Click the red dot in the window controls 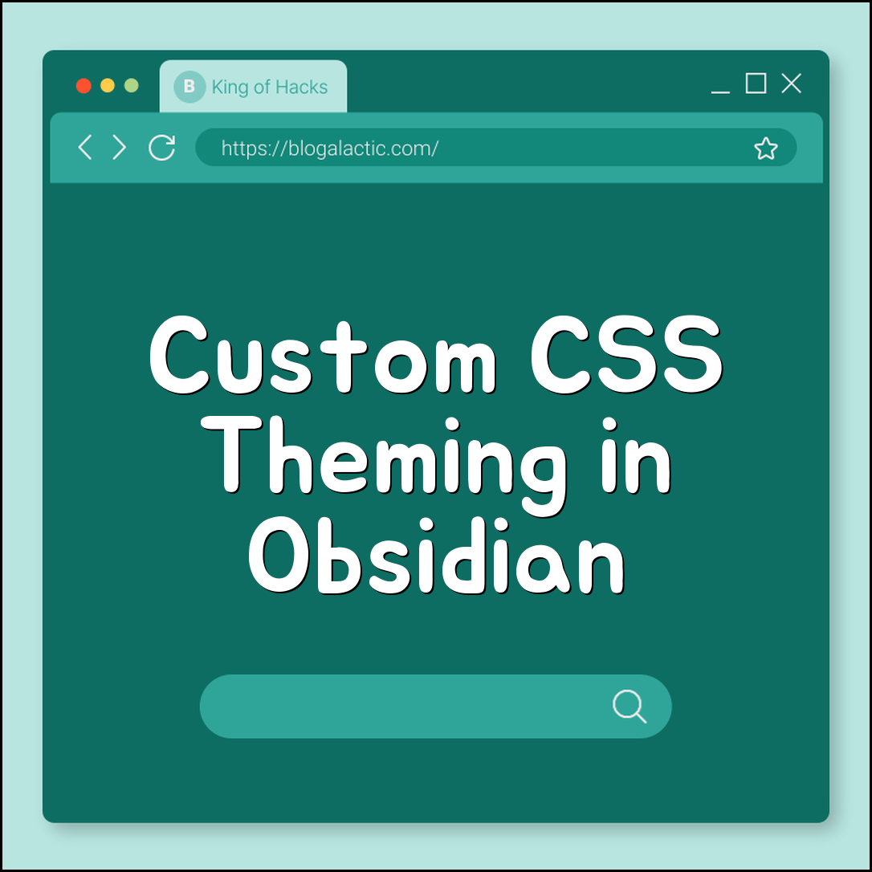[84, 86]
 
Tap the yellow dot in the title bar [108, 86]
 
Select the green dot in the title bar [132, 86]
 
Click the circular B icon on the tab [189, 87]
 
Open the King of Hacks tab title [270, 88]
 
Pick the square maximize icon [756, 84]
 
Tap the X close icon [792, 84]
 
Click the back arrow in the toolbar [84, 147]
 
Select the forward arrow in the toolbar [120, 147]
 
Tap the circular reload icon [162, 147]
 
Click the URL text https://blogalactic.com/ [329, 149]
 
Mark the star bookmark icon [766, 149]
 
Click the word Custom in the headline [323, 356]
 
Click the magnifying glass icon [630, 707]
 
